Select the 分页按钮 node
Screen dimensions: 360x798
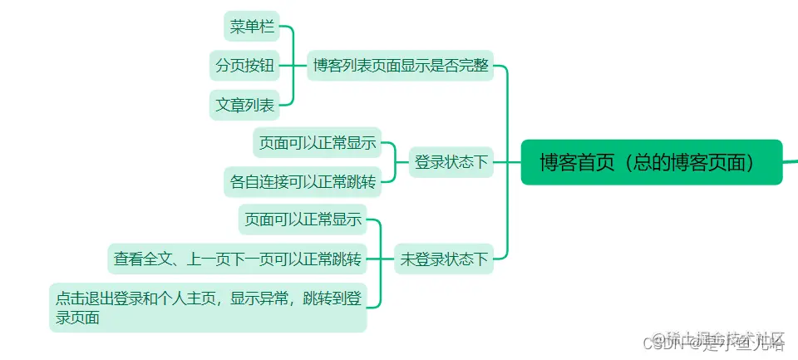click(x=244, y=65)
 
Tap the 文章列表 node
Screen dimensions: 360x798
click(x=244, y=105)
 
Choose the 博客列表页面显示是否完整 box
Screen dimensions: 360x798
click(x=401, y=65)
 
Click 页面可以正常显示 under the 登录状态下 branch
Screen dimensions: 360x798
click(x=317, y=143)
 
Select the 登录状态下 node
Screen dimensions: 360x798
click(x=451, y=162)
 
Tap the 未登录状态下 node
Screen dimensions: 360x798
click(x=444, y=259)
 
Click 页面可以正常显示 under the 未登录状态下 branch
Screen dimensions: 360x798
click(x=302, y=220)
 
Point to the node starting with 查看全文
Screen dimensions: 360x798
click(x=238, y=259)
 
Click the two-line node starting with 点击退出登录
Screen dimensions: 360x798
click(x=208, y=307)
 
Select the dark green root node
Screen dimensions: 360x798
click(x=652, y=162)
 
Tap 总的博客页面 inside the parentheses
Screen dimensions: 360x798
click(x=691, y=163)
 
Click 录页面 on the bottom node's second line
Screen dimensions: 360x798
click(x=77, y=317)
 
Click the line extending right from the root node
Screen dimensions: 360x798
click(x=791, y=161)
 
